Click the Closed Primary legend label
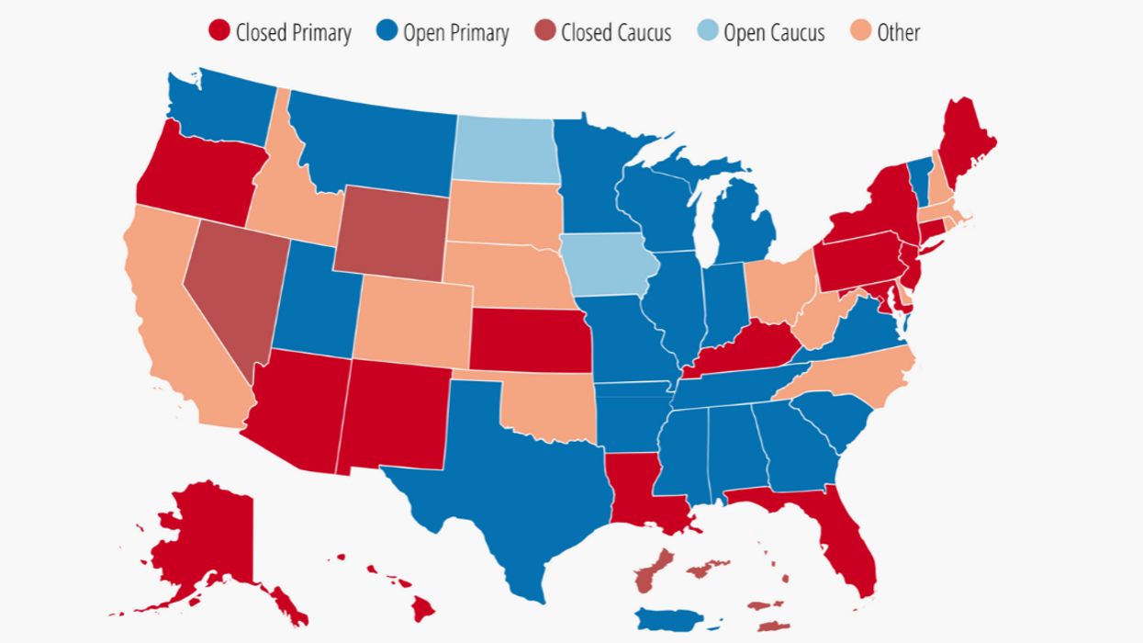pos(293,34)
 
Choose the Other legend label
pos(897,33)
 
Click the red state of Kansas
pos(530,341)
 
